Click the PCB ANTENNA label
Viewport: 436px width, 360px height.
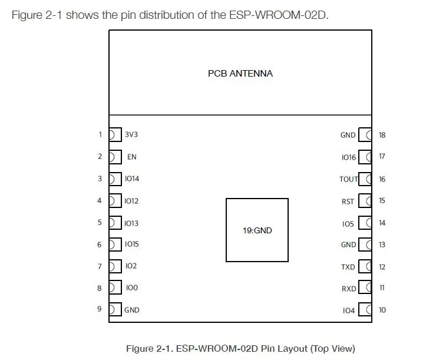tap(240, 74)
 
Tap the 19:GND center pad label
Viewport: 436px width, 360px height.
tap(257, 230)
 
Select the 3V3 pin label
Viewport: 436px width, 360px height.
tap(131, 134)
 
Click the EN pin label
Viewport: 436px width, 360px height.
tap(132, 157)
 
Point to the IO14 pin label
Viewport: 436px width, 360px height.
tap(132, 179)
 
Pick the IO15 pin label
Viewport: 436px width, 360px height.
tap(132, 244)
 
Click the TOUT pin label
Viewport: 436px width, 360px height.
tap(349, 179)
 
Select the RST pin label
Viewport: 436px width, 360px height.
tap(348, 202)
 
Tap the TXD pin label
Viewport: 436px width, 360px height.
tap(348, 267)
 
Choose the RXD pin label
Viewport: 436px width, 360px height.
tap(349, 289)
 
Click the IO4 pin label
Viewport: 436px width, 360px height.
tap(349, 311)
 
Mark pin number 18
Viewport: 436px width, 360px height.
tap(382, 135)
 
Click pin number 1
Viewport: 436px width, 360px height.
tap(100, 134)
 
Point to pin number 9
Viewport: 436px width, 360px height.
tap(100, 309)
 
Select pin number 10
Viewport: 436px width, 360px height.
tap(382, 310)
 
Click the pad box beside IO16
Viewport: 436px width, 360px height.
tap(365, 157)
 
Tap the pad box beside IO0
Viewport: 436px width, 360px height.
tap(115, 287)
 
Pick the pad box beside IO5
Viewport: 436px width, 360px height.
tap(365, 223)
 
